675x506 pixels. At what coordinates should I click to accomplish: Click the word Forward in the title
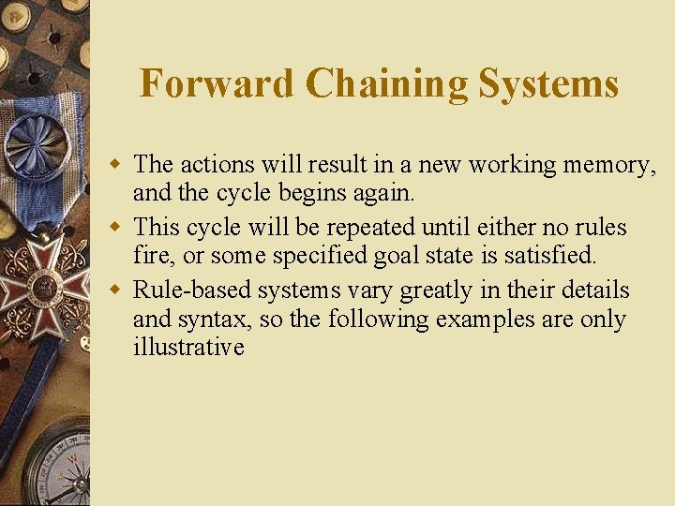tap(217, 83)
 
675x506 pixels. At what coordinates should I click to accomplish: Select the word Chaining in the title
tap(387, 83)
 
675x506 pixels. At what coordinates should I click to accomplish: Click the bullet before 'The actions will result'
tap(119, 165)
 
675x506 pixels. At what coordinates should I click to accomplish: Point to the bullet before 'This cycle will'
tap(119, 228)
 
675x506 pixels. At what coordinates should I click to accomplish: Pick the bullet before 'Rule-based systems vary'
tap(119, 290)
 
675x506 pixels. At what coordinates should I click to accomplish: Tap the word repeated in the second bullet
tap(372, 228)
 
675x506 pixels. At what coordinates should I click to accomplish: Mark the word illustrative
tap(188, 347)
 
